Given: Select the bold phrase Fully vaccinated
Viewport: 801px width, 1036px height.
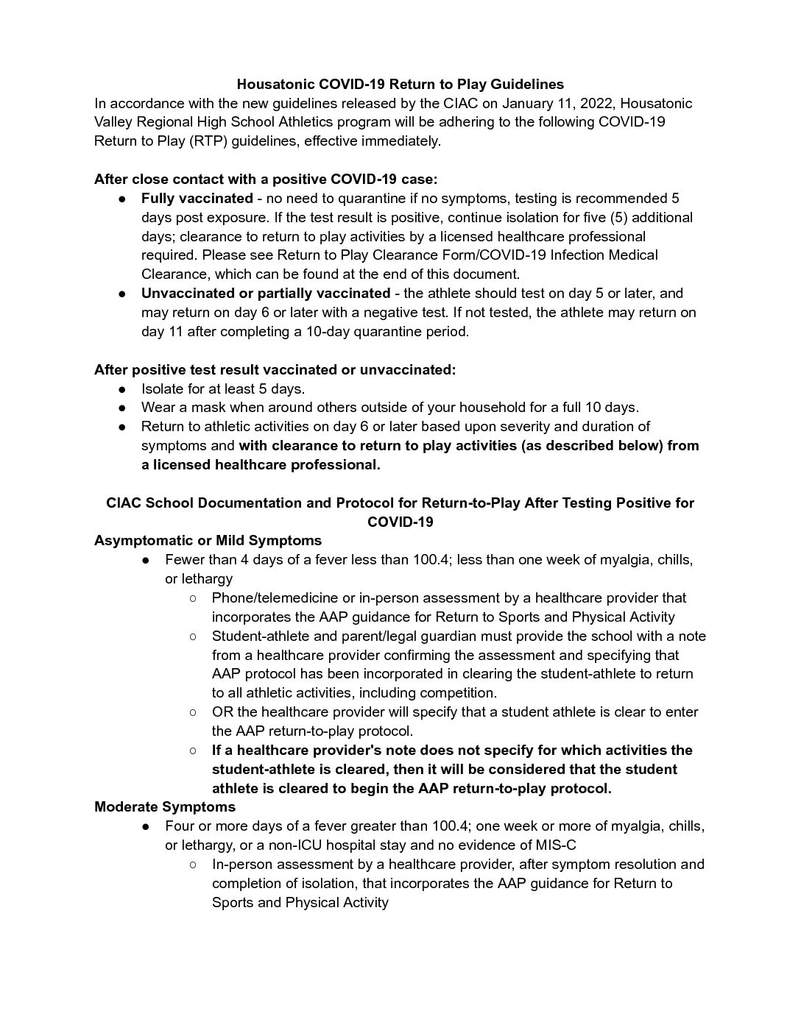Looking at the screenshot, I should point(197,198).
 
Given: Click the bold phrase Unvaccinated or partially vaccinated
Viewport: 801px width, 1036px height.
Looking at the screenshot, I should point(266,294).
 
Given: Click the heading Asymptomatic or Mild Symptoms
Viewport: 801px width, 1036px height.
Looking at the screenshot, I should point(208,541).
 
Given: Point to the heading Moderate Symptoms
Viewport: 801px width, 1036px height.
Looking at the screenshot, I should point(165,807).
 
